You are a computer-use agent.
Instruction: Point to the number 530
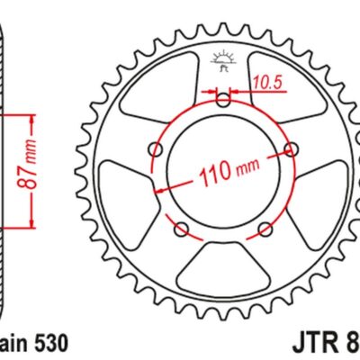45,343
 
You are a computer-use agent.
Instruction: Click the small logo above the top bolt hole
223,61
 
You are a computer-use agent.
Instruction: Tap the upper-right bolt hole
289,148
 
